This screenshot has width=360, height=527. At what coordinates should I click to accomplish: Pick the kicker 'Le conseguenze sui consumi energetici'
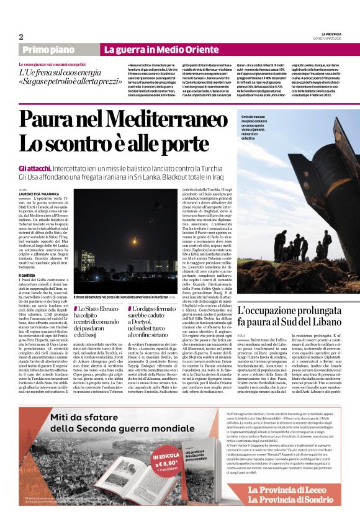(52, 65)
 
